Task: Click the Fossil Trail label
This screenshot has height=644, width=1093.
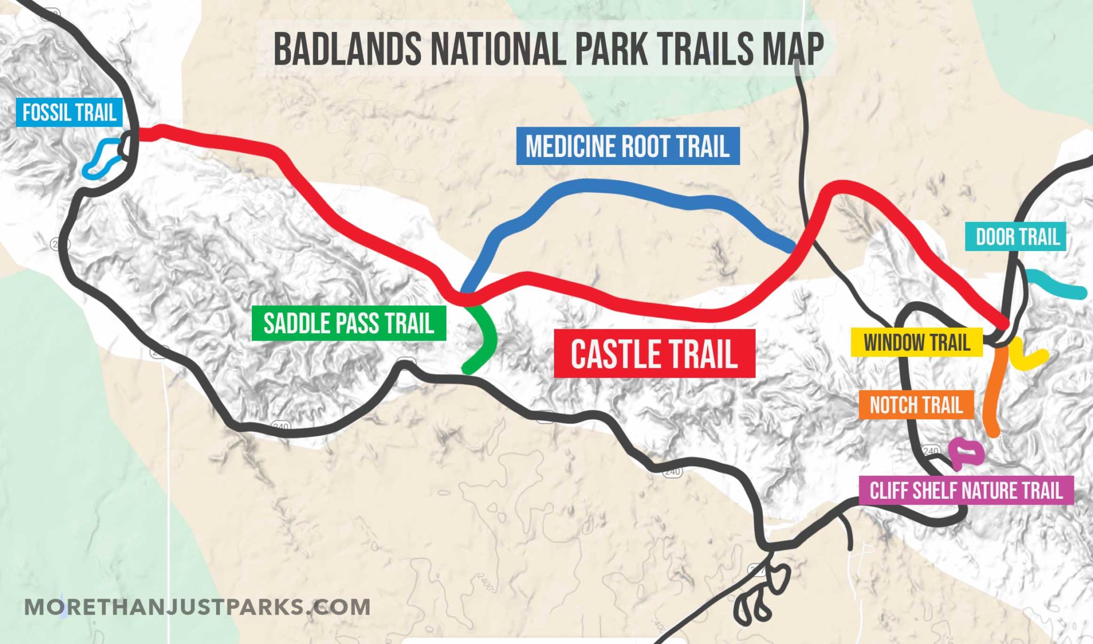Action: pyautogui.click(x=69, y=113)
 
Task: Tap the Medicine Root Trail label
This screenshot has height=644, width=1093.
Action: pyautogui.click(x=628, y=146)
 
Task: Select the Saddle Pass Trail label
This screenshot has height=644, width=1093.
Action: pyautogui.click(x=349, y=323)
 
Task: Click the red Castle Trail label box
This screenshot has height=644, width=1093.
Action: pyautogui.click(x=654, y=354)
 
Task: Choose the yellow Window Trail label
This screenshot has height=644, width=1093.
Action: pyautogui.click(x=916, y=342)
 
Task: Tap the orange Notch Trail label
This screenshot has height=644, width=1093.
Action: pyautogui.click(x=916, y=405)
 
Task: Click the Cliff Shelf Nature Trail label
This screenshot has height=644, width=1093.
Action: pyautogui.click(x=966, y=490)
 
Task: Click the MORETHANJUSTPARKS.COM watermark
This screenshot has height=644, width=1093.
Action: pyautogui.click(x=197, y=607)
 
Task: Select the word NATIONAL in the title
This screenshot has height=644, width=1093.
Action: pyautogui.click(x=499, y=49)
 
